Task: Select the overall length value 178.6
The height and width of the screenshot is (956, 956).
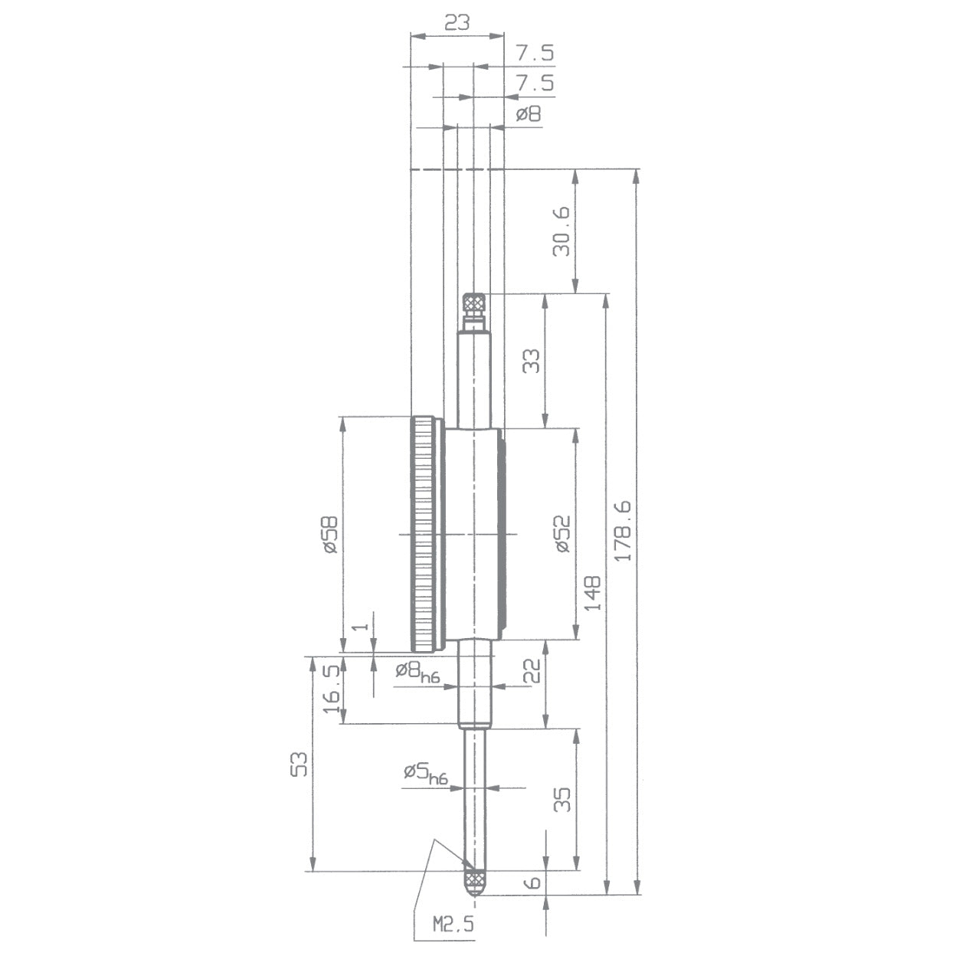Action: [624, 531]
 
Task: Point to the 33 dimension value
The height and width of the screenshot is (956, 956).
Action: [531, 361]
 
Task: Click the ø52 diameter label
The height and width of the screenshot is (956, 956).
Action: [562, 533]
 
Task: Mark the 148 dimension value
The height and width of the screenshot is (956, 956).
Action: [592, 593]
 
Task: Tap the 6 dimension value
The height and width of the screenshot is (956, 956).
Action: [533, 882]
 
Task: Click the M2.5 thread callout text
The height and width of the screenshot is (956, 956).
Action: [453, 924]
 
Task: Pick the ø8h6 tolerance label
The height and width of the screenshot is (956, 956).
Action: [417, 672]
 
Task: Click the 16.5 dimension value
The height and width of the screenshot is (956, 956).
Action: [331, 689]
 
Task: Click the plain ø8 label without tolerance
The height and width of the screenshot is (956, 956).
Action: [528, 114]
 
